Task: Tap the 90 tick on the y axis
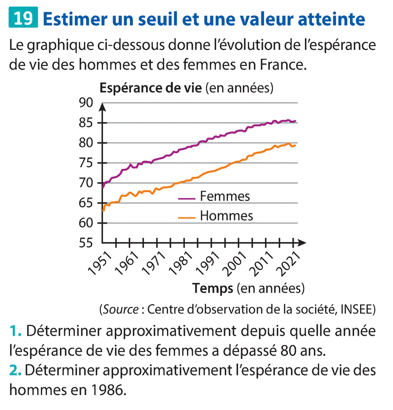pos(87,103)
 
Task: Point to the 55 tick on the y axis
pos(87,243)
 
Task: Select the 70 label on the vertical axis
pos(87,183)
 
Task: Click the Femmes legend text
pos(225,197)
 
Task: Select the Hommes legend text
pos(226,216)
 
